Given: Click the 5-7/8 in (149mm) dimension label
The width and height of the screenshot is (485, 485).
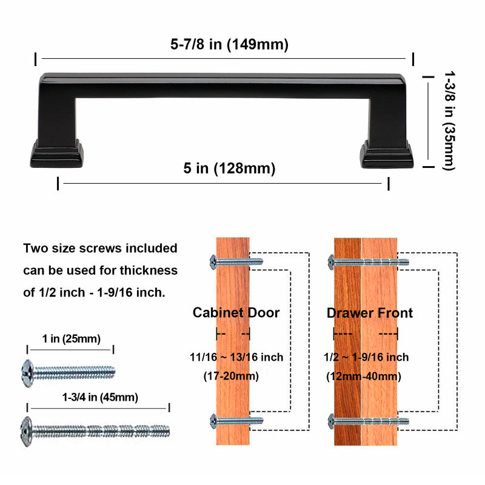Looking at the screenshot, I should pos(229,45).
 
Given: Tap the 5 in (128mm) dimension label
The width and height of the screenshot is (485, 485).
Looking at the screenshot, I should pos(229,169).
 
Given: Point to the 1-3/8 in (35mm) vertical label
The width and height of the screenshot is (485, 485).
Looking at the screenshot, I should pos(449,120).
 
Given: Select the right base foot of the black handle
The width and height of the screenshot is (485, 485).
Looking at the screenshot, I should pos(386,152).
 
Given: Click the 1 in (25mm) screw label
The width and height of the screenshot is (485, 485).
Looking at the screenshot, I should pos(72,338).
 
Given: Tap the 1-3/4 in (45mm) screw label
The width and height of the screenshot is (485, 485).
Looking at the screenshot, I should pos(100,398).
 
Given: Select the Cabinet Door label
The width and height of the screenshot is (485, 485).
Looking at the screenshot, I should pos(236,313).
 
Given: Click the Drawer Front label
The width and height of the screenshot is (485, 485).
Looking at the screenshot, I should pos(370,313).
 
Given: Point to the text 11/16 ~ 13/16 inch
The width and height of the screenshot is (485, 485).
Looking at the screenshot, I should pos(236,357).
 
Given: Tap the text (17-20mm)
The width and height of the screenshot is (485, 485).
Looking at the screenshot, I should pos(230,376).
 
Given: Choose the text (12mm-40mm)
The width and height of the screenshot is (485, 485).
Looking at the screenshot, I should pos(364,376).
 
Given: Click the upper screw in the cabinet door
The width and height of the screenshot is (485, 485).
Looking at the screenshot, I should pos(236,262).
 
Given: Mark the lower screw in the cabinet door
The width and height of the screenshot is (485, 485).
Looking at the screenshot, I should pos(236,420).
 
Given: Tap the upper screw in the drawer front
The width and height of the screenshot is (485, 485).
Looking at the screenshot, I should pos(368,262).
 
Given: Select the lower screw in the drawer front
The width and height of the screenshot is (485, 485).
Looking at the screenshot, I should pos(368,420).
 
